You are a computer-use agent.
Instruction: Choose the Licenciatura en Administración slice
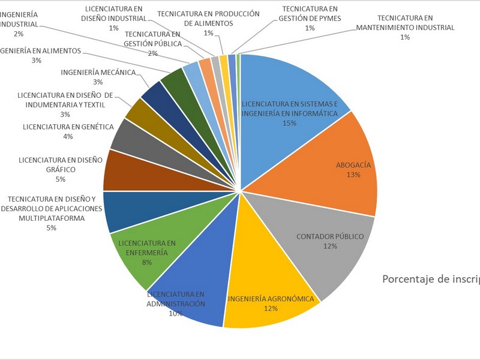click(192, 282)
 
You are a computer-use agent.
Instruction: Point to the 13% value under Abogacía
click(353, 175)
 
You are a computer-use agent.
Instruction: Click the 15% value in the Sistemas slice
click(290, 123)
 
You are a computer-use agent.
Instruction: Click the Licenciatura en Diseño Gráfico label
click(60, 165)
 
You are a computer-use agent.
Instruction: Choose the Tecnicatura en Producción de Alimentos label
click(208, 18)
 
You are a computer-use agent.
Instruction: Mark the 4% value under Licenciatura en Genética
click(68, 137)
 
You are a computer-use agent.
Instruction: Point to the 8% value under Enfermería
click(146, 262)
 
